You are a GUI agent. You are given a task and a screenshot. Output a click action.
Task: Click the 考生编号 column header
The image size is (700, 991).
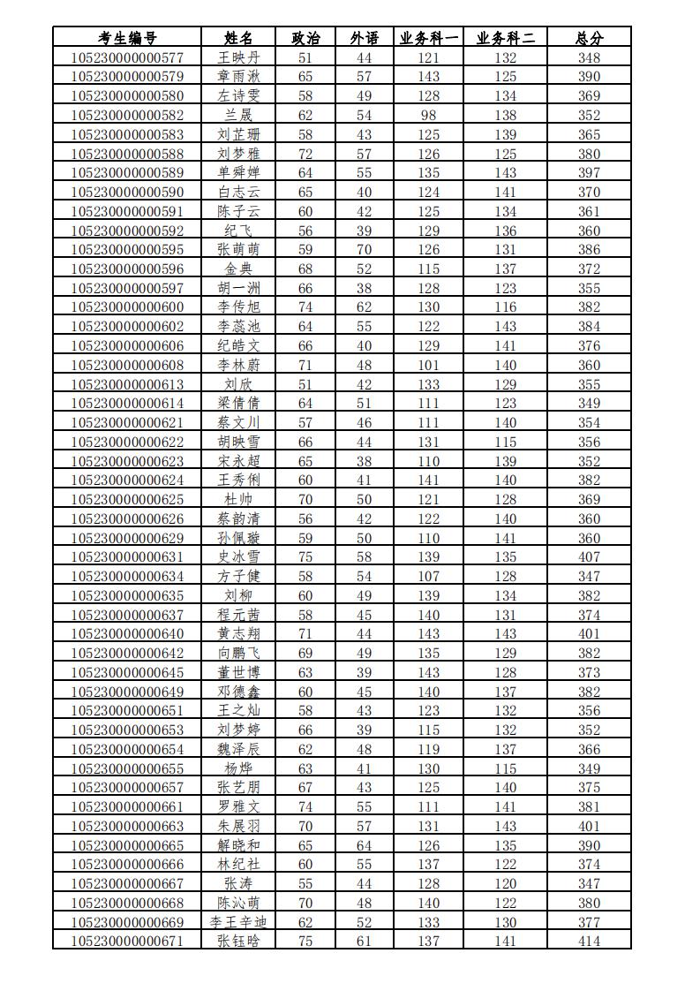[127, 38]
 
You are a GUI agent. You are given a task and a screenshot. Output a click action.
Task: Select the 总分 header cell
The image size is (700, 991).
[589, 38]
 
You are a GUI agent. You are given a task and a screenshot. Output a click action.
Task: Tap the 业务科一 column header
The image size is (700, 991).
[429, 38]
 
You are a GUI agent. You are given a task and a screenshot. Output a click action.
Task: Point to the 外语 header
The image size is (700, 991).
[364, 38]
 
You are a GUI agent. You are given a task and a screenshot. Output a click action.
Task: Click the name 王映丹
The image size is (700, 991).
[239, 57]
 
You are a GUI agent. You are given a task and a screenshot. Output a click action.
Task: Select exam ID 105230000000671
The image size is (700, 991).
[127, 941]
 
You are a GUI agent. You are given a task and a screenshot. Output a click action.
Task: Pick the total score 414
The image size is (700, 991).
[589, 941]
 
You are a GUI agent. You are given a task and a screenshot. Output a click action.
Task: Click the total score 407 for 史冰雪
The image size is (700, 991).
[589, 557]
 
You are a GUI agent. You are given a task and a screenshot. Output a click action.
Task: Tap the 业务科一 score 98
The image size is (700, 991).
[429, 115]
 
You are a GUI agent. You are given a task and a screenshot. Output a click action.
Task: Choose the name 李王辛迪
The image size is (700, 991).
[239, 922]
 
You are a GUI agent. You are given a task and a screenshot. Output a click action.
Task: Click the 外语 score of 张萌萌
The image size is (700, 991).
[364, 250]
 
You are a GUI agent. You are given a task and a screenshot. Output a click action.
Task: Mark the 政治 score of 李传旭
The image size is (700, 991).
[305, 307]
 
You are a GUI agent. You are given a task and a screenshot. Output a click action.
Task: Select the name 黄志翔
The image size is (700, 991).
[239, 633]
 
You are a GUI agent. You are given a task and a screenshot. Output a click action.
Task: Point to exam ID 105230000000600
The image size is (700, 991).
[127, 307]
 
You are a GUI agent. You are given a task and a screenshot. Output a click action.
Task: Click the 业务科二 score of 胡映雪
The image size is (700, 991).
[506, 442]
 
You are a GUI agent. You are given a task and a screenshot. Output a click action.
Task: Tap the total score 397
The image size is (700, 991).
[589, 173]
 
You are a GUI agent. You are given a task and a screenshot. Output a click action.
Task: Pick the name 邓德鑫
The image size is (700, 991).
[239, 692]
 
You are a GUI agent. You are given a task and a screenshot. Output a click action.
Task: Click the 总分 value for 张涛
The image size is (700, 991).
[589, 883]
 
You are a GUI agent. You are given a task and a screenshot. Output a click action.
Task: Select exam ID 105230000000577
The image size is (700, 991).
[127, 57]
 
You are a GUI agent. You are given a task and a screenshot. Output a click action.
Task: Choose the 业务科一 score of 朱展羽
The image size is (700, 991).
[429, 826]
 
